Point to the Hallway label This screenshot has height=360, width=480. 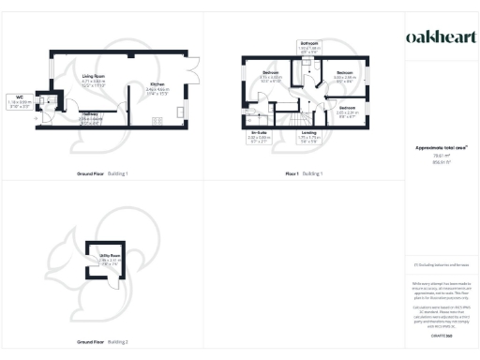(x=91, y=116)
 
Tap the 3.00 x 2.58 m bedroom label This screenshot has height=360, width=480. (x=345, y=76)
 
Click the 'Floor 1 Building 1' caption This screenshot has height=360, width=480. (x=305, y=173)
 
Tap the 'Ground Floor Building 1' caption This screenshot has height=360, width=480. (x=102, y=173)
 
